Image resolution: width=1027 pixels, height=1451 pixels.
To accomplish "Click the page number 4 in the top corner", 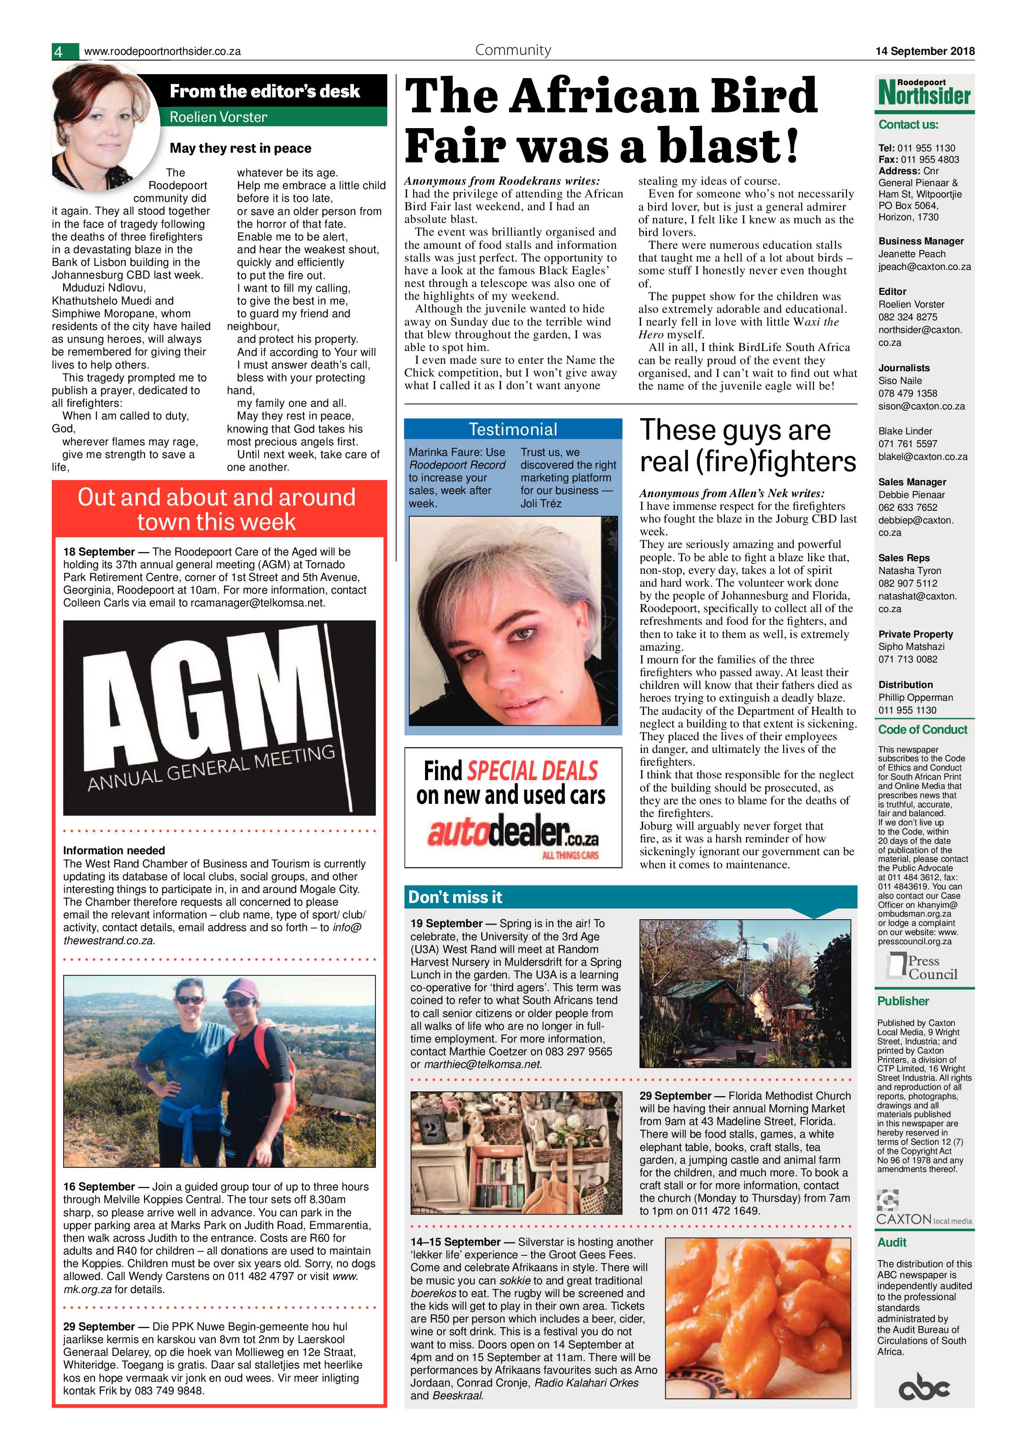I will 58,52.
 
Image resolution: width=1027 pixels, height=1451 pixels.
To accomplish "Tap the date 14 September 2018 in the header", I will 925,51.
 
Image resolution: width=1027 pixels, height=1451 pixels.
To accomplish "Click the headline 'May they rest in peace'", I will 240,148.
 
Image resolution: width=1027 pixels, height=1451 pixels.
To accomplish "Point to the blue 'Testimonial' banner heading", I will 513,430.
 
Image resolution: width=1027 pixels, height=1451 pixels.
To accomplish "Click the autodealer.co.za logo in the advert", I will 512,833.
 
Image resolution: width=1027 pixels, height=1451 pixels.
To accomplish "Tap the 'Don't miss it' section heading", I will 455,897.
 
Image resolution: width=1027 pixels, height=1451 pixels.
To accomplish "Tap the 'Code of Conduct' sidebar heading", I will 922,729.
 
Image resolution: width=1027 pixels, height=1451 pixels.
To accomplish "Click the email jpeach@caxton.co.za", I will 924,267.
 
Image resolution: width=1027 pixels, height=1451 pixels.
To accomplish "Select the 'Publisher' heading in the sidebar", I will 903,1001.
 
